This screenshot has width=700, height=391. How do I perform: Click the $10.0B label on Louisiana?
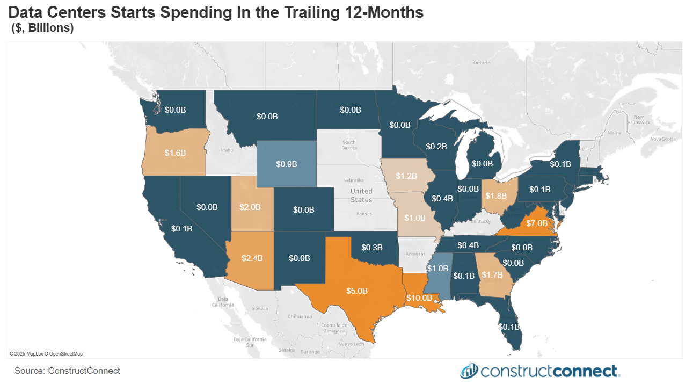419,298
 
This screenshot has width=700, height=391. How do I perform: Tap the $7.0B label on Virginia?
536,222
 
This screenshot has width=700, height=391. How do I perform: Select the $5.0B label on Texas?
356,291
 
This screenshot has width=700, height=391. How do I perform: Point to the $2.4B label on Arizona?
252,258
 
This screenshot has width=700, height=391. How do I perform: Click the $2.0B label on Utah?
250,207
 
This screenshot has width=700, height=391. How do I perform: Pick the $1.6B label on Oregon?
175,153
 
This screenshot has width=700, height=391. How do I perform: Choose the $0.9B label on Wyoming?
287,164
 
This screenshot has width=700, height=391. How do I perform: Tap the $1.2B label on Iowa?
406,176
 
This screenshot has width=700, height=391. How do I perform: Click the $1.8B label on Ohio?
496,196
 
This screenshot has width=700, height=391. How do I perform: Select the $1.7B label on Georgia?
492,276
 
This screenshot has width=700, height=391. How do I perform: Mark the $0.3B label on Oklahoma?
372,248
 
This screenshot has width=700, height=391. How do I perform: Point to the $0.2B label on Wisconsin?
437,146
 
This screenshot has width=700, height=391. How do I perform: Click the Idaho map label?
227,150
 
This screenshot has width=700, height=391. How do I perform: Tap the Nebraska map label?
354,180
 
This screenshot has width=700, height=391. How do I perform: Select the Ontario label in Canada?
482,63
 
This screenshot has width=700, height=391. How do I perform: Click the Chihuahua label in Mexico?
300,317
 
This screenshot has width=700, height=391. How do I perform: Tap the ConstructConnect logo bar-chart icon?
469,371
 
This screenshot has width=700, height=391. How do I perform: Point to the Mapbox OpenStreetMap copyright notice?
46,354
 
